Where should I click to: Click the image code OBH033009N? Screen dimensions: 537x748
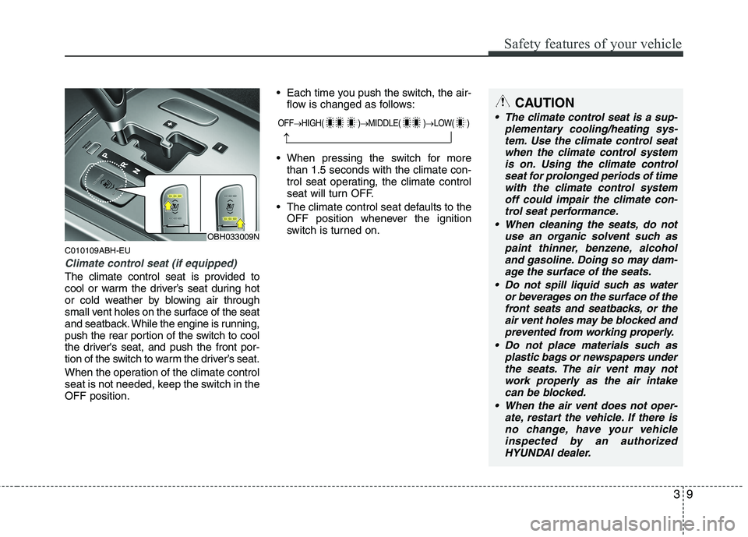[x=233, y=236]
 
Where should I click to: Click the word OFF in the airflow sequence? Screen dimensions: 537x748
[x=286, y=123]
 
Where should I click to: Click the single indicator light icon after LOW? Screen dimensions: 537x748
[x=460, y=123]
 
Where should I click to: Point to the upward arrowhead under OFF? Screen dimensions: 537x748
[x=287, y=138]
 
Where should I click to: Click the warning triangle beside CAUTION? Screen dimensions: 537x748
[x=503, y=103]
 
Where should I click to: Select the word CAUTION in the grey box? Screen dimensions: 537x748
[x=545, y=103]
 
